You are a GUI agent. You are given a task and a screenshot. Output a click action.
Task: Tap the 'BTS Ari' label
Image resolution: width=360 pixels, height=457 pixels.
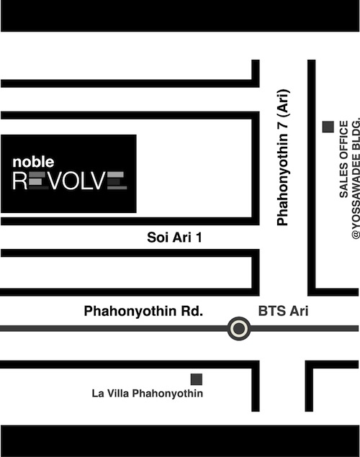point(282,312)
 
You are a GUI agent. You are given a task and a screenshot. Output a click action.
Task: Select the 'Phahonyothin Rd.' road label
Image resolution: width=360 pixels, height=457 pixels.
point(144,312)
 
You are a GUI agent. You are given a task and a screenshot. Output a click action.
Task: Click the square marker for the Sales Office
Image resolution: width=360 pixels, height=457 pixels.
point(328,127)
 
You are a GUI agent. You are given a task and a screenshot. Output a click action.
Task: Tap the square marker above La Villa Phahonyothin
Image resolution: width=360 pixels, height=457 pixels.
point(196,379)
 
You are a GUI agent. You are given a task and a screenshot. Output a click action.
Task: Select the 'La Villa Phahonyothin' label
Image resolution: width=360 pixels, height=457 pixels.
point(147,394)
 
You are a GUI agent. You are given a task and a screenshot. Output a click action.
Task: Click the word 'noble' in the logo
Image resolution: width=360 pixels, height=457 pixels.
point(33,163)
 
